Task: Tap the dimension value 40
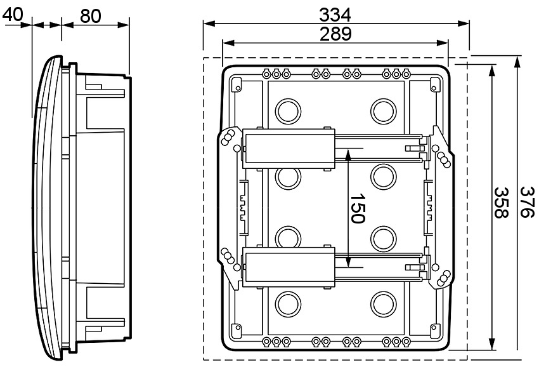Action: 14,14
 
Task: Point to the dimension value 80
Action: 91,15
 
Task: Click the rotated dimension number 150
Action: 356,208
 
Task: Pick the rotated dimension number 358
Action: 502,203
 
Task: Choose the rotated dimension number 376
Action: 527,203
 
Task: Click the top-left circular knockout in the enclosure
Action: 289,110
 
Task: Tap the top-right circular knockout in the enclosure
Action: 383,110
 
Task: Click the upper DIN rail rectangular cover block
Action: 289,148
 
